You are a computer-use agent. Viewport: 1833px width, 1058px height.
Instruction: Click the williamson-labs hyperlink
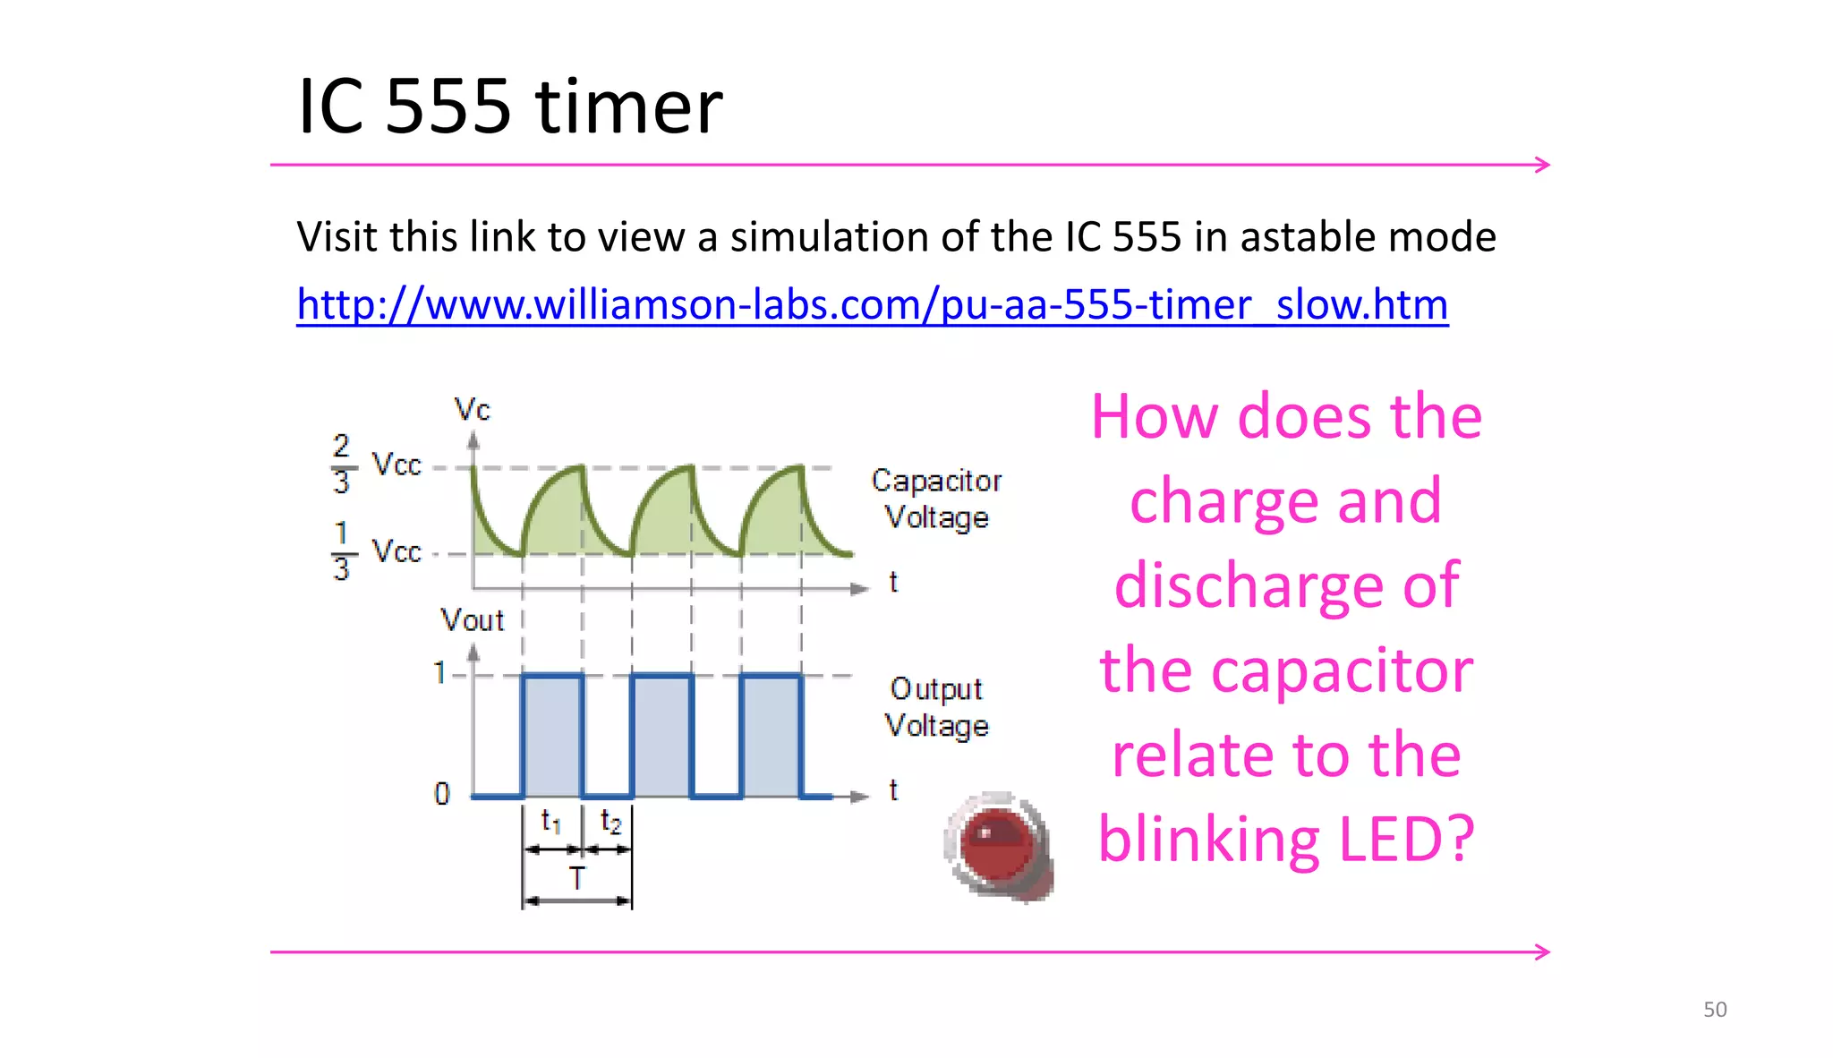872,304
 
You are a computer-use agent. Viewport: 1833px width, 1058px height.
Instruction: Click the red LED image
998,844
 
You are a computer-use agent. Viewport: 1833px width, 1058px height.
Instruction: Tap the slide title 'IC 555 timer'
509,107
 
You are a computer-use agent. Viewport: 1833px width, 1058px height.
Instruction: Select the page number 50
1714,1009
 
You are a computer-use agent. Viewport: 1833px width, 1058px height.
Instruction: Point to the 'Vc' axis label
472,410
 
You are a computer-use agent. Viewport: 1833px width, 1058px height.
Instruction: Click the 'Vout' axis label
472,619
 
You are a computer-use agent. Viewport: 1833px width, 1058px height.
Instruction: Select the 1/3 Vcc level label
376,550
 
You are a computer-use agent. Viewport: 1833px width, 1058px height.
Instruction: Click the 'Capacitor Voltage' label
936,499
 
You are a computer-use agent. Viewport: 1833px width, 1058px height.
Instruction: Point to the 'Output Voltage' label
936,707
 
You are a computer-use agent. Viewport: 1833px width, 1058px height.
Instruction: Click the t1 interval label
551,820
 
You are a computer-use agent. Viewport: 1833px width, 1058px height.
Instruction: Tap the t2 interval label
610,820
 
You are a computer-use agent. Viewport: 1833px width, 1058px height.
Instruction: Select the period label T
577,878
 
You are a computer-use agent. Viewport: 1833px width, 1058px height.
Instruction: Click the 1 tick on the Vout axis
439,672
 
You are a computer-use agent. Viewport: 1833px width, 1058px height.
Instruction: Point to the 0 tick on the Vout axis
441,794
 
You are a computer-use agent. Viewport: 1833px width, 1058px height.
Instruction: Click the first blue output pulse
552,734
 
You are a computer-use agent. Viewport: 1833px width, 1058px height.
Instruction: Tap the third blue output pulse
771,734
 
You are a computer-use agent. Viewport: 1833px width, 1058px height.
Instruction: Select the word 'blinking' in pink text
1208,839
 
